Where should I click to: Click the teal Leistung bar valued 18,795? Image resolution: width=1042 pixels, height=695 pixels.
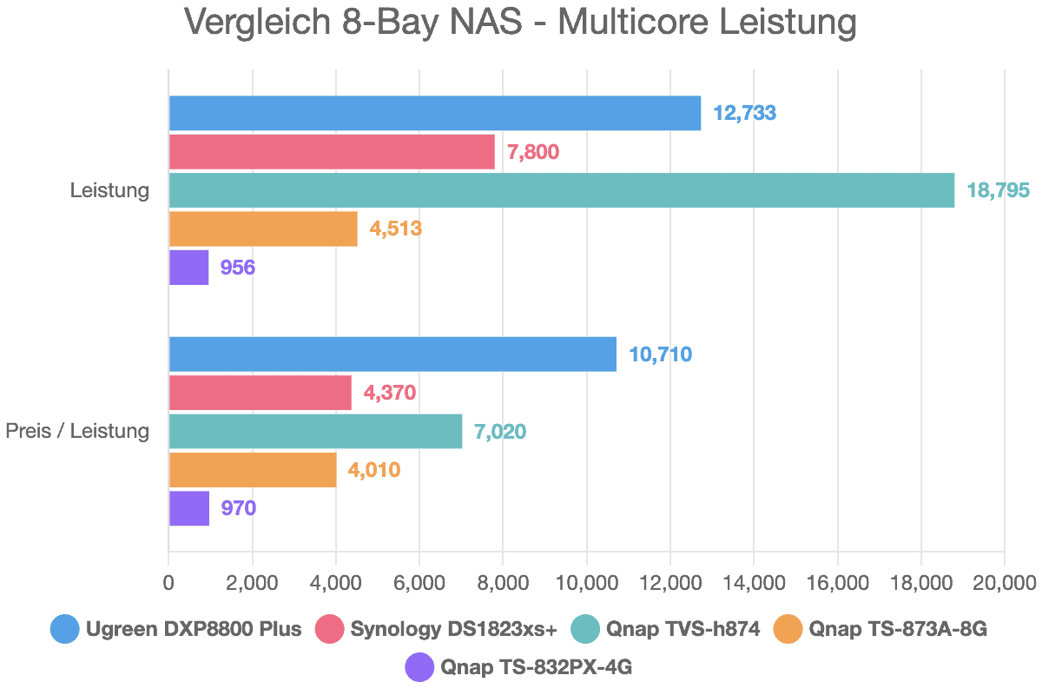coord(561,190)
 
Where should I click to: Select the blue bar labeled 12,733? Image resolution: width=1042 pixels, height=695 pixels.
coord(434,113)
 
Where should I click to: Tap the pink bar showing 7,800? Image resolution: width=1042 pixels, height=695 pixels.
coord(331,152)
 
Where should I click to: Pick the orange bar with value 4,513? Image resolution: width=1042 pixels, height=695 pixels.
coord(262,229)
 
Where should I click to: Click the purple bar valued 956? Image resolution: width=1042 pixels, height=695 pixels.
coord(188,268)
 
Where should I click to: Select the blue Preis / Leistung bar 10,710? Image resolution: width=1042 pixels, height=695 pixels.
coord(392,354)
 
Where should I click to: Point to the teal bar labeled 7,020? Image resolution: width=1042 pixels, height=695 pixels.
coord(315,432)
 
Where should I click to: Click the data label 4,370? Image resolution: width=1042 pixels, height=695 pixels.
coord(390,393)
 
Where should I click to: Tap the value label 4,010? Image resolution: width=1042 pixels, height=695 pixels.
coord(374,470)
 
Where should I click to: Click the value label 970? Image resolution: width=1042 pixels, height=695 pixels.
coord(238,508)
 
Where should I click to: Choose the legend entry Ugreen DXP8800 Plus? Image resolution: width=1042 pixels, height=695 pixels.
coord(193,629)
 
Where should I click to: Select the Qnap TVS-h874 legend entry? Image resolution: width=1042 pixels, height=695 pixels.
coord(682,629)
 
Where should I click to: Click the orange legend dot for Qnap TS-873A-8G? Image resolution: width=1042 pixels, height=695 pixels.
coord(788,629)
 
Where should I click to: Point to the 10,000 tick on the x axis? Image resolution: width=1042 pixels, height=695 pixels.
coord(586,582)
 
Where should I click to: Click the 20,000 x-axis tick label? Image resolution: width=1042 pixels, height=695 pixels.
coord(1004,582)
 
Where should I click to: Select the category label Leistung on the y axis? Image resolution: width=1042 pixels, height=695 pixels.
coord(109,190)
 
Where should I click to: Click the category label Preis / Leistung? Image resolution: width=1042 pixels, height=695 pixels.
coord(77,432)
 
